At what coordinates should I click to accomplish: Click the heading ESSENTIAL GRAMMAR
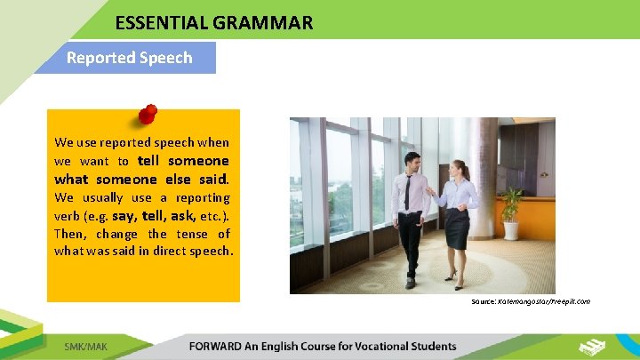click(x=213, y=23)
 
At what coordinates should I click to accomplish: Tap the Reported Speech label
click(x=129, y=58)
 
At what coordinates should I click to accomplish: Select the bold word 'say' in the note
click(x=124, y=216)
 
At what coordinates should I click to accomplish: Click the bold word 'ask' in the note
click(x=183, y=216)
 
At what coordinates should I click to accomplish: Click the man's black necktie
click(x=407, y=192)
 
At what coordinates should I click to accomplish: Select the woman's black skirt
click(x=457, y=228)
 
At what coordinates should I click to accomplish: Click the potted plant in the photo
click(x=511, y=213)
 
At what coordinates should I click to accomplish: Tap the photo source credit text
click(x=531, y=301)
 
